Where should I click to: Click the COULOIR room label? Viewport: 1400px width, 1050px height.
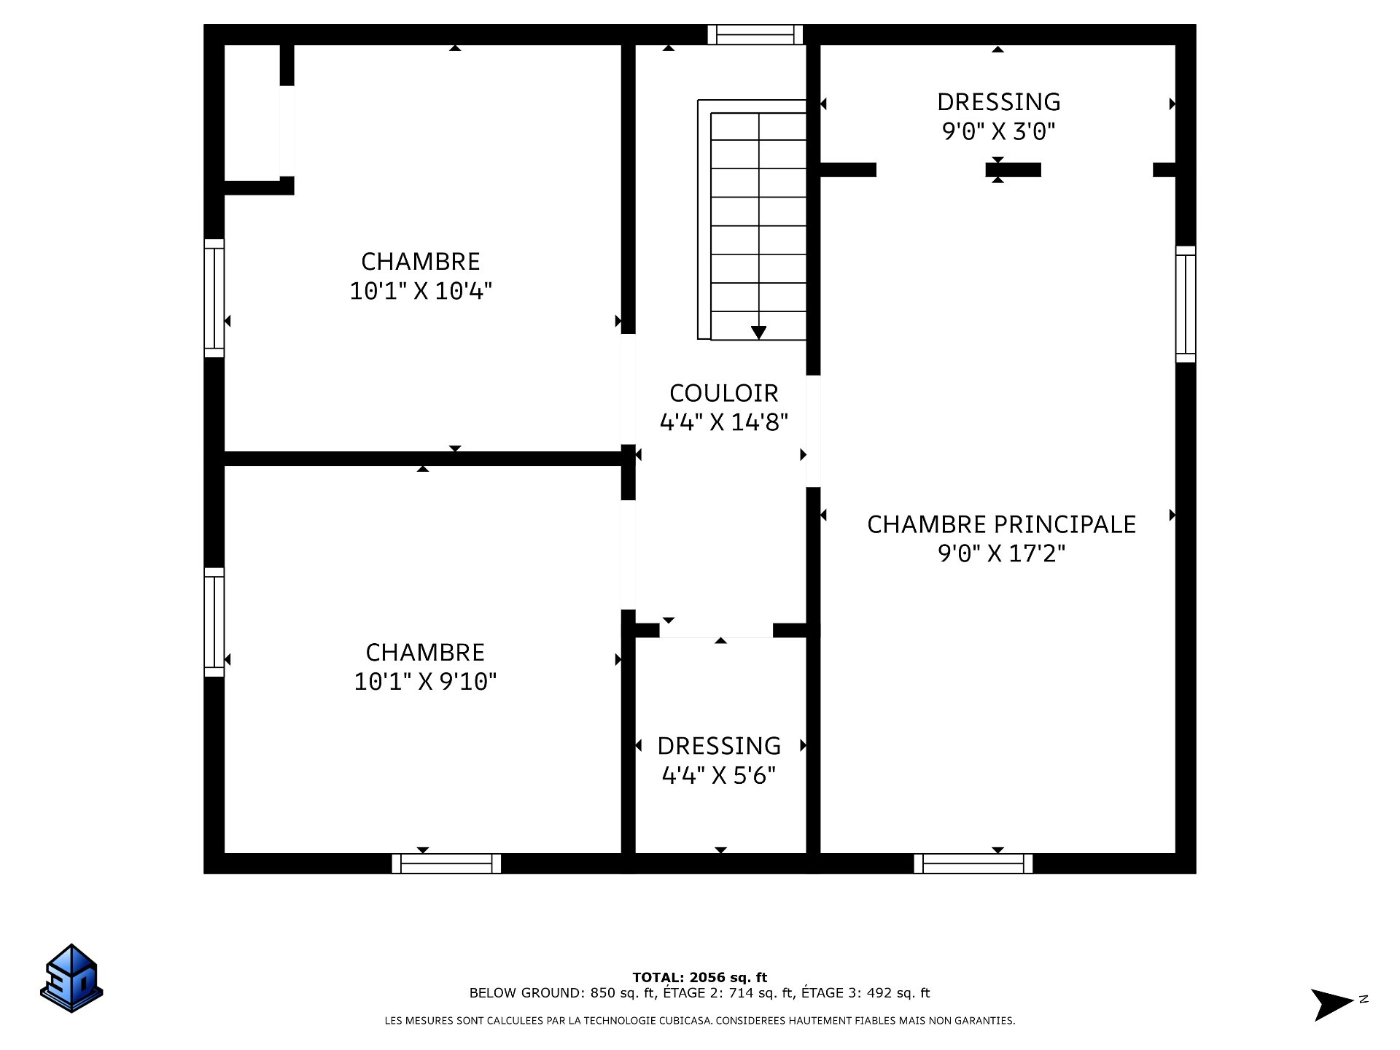(723, 393)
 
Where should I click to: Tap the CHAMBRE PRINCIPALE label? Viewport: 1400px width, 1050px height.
(1001, 524)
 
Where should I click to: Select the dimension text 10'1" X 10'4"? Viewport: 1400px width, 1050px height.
(421, 291)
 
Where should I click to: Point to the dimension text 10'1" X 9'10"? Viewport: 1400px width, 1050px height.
(425, 681)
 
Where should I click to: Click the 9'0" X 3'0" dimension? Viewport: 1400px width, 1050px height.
(998, 131)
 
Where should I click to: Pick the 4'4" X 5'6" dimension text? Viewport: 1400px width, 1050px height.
(718, 775)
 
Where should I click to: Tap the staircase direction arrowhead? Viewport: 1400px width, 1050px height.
(758, 332)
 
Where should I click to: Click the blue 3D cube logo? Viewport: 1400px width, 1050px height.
(71, 978)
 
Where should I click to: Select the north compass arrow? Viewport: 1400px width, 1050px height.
(1331, 1005)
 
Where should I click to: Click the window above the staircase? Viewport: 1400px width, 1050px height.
(755, 34)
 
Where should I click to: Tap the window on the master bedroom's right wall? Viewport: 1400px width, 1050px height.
(1186, 304)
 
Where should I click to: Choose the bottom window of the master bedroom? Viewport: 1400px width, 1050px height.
(973, 863)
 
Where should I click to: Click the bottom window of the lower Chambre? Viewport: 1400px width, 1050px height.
(446, 863)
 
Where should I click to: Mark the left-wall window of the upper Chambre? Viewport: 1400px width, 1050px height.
(214, 298)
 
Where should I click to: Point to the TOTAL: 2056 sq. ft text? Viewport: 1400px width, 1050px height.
(700, 978)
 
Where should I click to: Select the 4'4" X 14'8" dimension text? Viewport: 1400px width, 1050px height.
(723, 422)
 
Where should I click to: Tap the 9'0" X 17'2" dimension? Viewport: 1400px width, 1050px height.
(1001, 553)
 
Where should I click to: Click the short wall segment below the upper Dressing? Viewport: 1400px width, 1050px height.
(1013, 170)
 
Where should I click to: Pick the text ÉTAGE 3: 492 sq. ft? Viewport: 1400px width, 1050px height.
(866, 993)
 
